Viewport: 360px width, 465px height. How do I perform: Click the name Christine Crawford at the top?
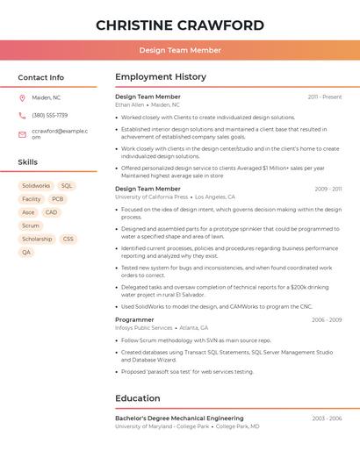pos(180,25)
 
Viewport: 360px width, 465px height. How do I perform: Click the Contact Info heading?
pos(40,77)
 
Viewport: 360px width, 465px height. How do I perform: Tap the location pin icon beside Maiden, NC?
pos(22,97)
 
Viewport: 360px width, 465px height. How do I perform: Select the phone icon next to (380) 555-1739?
pos(22,115)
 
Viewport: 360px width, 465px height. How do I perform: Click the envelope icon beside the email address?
pos(22,134)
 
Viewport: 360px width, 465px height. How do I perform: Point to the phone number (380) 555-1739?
pos(50,115)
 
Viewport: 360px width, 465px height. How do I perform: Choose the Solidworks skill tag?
pos(36,186)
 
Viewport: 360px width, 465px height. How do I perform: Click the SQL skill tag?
pos(67,186)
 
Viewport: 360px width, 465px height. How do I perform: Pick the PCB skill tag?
pos(58,199)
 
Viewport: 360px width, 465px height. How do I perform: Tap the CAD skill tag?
pos(52,212)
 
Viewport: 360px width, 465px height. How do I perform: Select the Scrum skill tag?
pos(31,225)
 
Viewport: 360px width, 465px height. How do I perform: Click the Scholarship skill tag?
pos(37,239)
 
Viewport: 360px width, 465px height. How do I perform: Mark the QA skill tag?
pos(26,252)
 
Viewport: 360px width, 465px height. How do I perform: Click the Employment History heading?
pos(161,77)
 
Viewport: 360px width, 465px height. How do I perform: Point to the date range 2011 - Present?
pos(325,97)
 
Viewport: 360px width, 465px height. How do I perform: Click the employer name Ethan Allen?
pos(129,104)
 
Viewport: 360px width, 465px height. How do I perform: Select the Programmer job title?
pos(134,319)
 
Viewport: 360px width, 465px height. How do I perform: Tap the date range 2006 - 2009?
pos(327,319)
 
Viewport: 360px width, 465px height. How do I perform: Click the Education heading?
pos(138,398)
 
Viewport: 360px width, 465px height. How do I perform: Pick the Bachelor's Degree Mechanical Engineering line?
pos(179,418)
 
